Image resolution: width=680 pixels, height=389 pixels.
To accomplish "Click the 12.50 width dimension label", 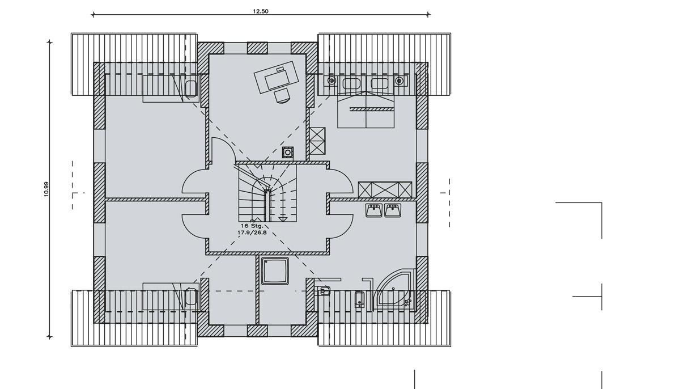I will coord(261,11).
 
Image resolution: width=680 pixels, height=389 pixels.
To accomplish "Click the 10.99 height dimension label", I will coord(46,189).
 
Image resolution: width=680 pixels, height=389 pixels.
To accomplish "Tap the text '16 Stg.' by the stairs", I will coord(252,225).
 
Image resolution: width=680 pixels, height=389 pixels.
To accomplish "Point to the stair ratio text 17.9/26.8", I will coord(252,232).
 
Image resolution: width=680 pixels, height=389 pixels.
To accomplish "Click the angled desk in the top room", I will coord(277,77).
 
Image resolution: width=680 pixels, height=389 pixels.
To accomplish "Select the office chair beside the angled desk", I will coord(282,96).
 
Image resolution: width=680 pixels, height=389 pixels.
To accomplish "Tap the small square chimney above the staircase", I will coord(288,152).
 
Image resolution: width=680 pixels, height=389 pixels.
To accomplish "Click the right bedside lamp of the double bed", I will coord(401,81).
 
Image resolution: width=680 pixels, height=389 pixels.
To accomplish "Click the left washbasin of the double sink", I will coord(374,210).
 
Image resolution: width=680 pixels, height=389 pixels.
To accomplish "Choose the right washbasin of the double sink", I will coord(393,210).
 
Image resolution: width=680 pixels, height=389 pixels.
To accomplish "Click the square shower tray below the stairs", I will coord(275,270).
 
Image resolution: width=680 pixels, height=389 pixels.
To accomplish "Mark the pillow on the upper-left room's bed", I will coord(191,88).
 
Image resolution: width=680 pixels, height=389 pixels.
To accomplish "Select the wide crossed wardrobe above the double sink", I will coord(385,189).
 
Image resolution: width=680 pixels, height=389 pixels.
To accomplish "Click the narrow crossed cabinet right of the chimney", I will coord(317,141).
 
